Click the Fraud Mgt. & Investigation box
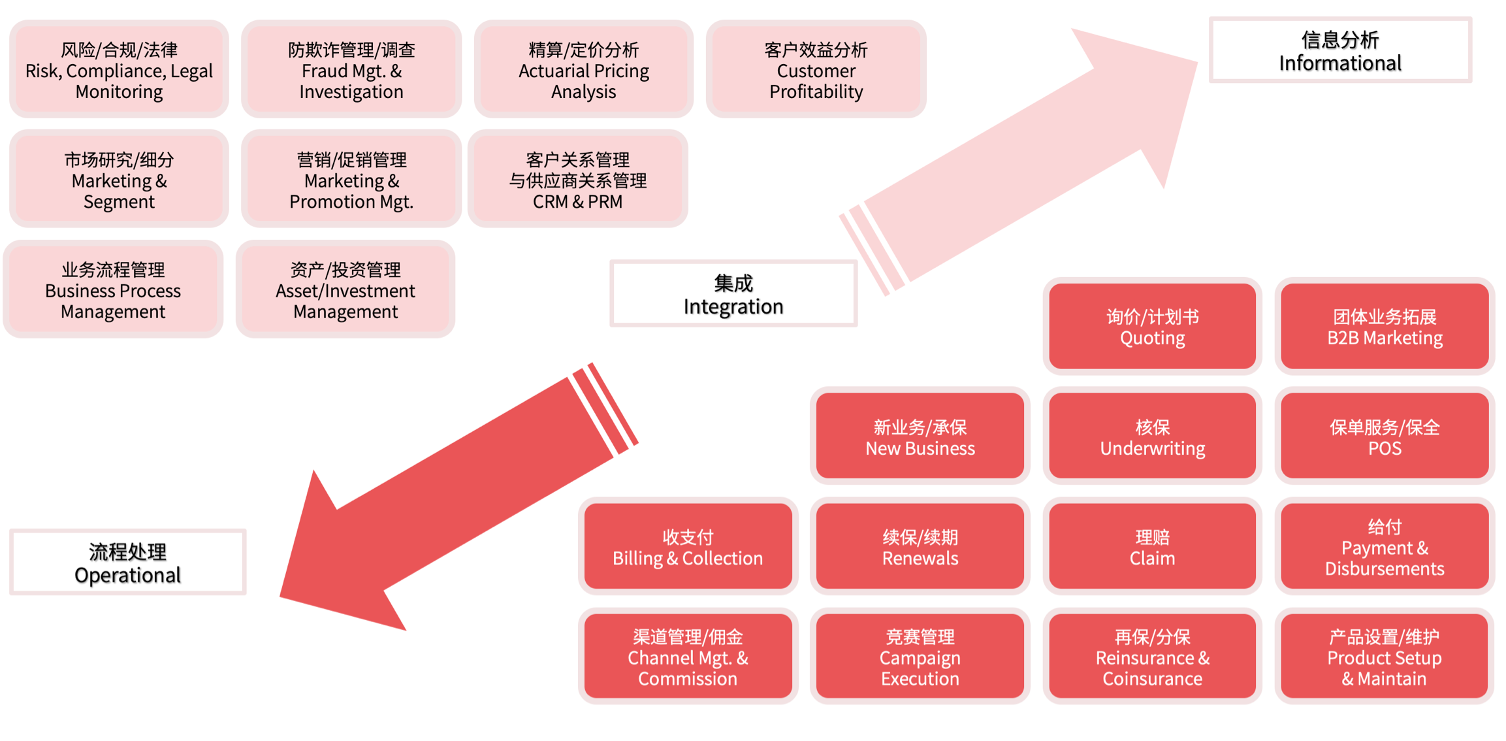(x=351, y=70)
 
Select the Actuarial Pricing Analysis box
(x=583, y=70)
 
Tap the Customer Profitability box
(x=816, y=70)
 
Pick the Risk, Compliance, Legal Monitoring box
(x=119, y=70)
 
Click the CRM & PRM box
(x=577, y=180)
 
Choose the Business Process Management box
(x=113, y=289)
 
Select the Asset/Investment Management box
(x=345, y=289)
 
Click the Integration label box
(x=733, y=294)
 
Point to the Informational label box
(x=1339, y=50)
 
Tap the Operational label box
(x=127, y=562)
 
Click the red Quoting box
(x=1152, y=327)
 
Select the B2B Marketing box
(x=1385, y=327)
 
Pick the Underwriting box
(x=1152, y=436)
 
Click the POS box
(x=1385, y=436)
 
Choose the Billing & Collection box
(x=687, y=547)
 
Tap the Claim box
(x=1152, y=547)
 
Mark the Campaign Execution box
(x=920, y=657)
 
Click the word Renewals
(x=920, y=558)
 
